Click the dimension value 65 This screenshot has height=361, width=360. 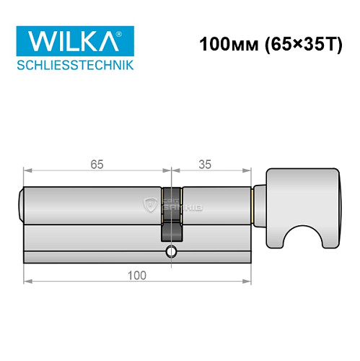(97, 164)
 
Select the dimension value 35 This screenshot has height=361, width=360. (204, 164)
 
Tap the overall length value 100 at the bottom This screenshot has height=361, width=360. (136, 274)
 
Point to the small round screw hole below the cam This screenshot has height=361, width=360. (170, 252)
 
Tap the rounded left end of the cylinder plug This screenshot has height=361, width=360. (21, 204)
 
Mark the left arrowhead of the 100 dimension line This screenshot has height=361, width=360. (27, 282)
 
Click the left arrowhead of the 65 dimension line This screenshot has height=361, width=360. (27, 172)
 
